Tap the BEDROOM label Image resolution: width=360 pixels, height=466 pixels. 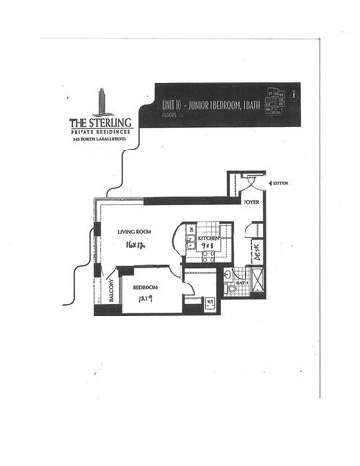146,287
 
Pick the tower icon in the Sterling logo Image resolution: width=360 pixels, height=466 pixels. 102,99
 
